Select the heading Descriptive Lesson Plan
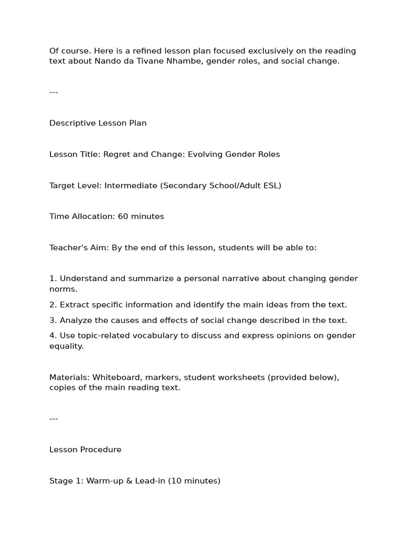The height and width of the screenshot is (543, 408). (x=98, y=123)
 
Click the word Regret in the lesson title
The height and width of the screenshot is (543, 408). (x=117, y=154)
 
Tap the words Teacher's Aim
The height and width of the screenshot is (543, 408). (x=79, y=248)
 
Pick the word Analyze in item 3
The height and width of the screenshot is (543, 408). (x=76, y=320)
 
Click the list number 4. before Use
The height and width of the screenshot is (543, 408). (x=53, y=336)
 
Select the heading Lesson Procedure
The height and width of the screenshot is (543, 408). (x=86, y=450)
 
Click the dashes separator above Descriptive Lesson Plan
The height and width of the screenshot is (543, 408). (x=54, y=92)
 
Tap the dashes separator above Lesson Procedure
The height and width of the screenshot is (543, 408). (x=54, y=419)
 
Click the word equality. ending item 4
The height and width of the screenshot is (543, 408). (x=66, y=346)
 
